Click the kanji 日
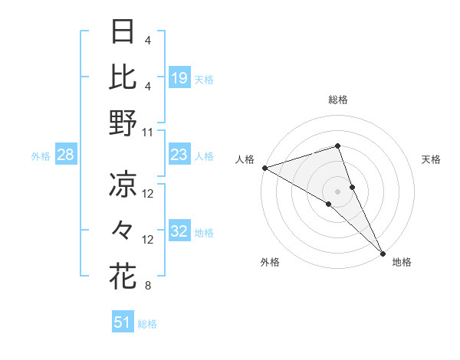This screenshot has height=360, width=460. pos(123,32)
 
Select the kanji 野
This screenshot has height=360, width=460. pos(123,123)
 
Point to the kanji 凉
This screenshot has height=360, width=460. pos(123,185)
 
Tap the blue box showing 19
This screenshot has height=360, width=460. pos(179,77)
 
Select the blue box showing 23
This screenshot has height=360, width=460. pos(179,155)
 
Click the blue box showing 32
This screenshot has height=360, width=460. pos(179,232)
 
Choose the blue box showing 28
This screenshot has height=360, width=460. pos(66,155)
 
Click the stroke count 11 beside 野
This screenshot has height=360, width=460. pos(149,132)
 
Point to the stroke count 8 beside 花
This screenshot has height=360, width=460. pos(147,286)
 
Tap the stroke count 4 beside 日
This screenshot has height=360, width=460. pos(147,40)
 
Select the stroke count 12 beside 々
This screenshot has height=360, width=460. pos(149,240)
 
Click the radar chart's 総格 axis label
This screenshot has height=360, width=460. pos(337,100)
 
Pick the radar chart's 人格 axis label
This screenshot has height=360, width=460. pos(245,159)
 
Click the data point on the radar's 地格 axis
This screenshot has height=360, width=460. pos(383,252)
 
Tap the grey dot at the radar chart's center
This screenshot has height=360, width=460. pos(337,191)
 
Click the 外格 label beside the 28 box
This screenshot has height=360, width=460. pos(41,156)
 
